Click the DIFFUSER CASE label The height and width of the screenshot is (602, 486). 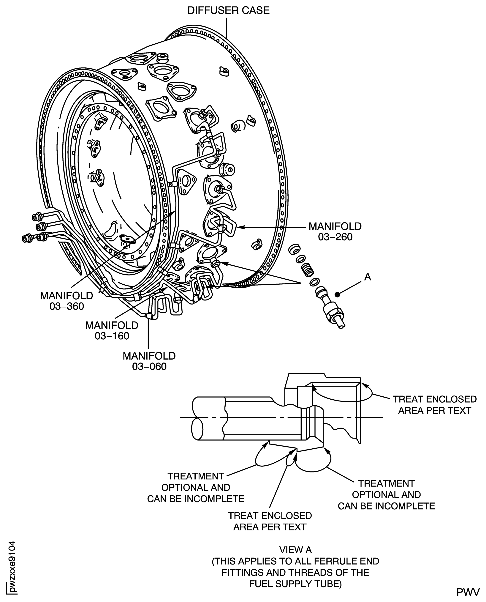click(228, 10)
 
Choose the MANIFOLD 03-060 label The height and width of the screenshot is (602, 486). click(149, 361)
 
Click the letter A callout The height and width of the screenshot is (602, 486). click(368, 277)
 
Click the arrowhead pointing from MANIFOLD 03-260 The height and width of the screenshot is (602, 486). click(240, 227)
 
